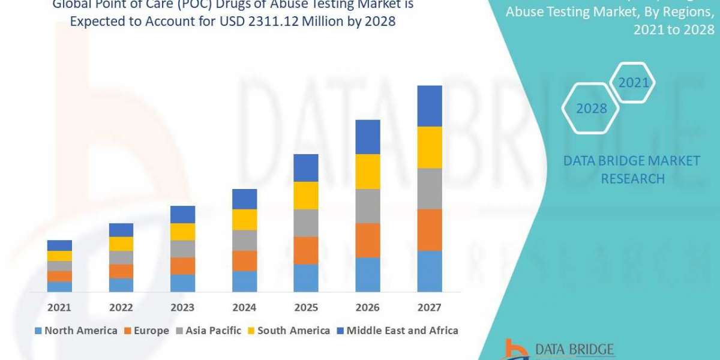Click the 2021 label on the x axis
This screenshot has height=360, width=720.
[59, 307]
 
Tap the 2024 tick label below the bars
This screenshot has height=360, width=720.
[244, 307]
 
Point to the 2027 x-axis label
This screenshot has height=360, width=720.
[429, 307]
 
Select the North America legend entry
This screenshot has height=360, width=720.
[76, 331]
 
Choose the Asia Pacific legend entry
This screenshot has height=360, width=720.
[208, 331]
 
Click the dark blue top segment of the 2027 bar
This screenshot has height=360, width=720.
[429, 106]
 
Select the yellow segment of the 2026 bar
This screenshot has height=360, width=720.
[368, 172]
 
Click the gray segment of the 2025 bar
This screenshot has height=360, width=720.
[306, 223]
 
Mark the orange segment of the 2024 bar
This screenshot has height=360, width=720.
[244, 260]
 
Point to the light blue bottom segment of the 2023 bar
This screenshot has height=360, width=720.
[182, 283]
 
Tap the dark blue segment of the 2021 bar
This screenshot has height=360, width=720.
[59, 245]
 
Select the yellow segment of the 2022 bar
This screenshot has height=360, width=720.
[121, 244]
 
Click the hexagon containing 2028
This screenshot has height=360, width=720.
[591, 109]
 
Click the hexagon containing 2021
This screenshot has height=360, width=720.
[634, 83]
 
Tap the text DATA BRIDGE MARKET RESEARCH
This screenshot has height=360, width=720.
[632, 170]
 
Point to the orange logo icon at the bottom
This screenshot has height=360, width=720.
[514, 350]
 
